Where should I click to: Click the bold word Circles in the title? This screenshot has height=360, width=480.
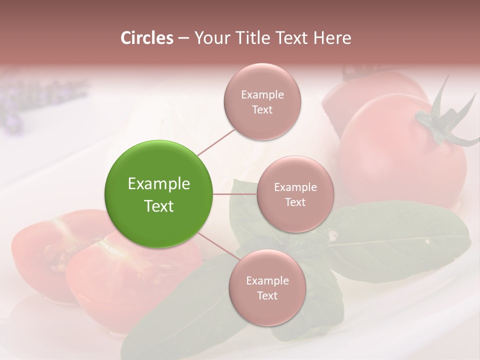[146, 38]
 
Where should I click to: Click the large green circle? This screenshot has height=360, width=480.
[159, 194]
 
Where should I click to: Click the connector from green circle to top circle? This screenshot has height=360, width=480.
[216, 141]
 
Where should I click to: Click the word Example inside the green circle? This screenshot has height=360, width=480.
[159, 184]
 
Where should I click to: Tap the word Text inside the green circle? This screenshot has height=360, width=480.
[159, 206]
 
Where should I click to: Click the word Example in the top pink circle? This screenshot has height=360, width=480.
[262, 95]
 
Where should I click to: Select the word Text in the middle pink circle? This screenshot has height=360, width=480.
[295, 202]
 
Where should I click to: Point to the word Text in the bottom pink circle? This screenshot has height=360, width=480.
[267, 296]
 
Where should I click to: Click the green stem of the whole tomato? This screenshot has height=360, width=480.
[440, 120]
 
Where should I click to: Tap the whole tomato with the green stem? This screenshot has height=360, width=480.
[400, 155]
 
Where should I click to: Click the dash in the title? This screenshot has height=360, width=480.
[183, 38]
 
